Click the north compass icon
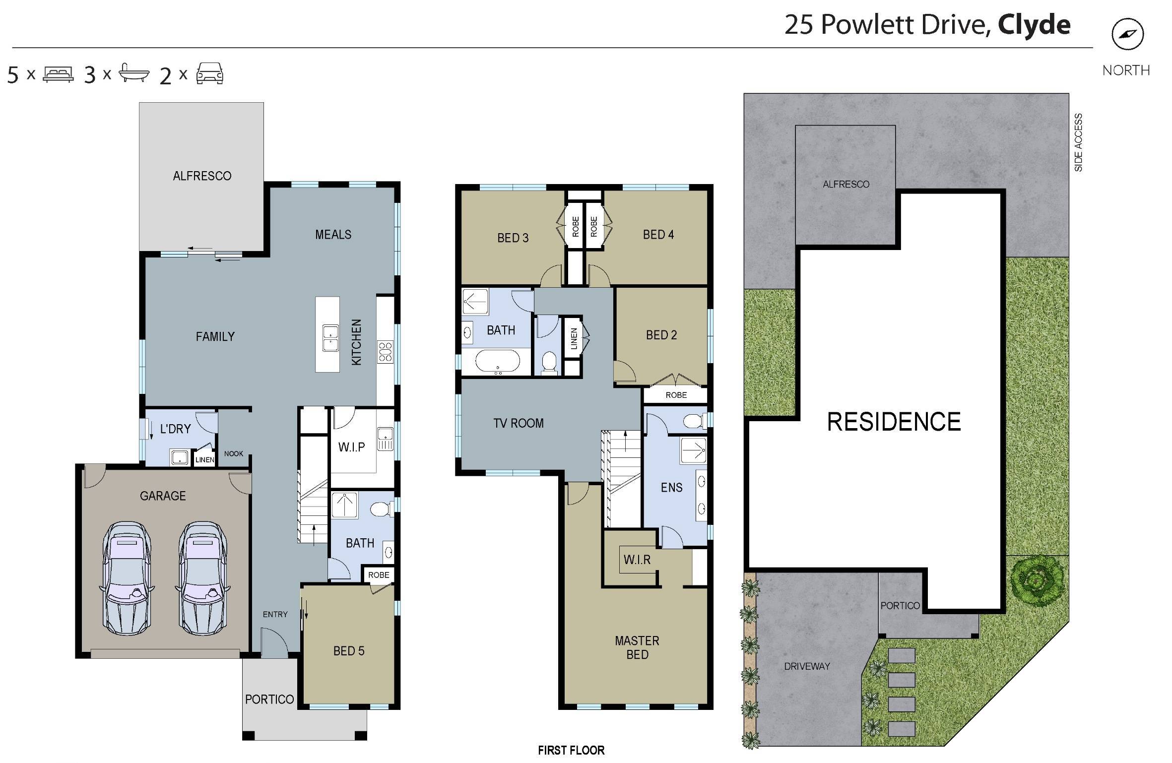pos(1127,34)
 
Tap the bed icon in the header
pos(58,74)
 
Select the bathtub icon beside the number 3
pos(134,73)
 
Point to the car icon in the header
pos(210,73)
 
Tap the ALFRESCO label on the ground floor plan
pos(202,176)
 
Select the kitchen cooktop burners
pos(386,351)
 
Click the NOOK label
pos(234,453)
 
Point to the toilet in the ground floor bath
pos(382,509)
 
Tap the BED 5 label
pos(349,651)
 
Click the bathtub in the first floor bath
pos(498,361)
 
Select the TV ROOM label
pos(519,423)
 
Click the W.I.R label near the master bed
pos(637,560)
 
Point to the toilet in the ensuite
pos(694,422)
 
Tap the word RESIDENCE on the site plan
pos(894,422)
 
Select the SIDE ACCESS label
pos(1078,142)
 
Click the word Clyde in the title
pos(1034,25)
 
